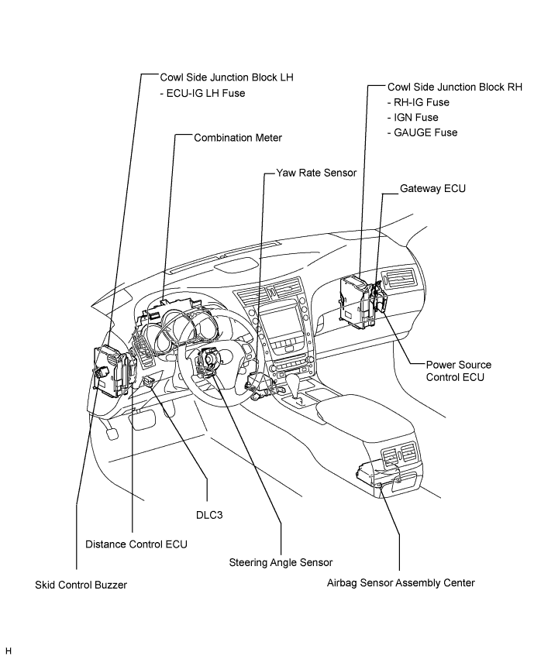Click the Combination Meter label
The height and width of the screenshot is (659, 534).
(x=238, y=138)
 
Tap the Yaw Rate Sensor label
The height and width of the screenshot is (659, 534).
(x=316, y=173)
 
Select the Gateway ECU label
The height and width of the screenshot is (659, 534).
(x=432, y=188)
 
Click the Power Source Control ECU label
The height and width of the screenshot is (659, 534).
(x=458, y=371)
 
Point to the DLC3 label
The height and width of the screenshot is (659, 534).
(x=209, y=515)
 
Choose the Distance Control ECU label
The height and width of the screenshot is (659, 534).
(x=136, y=544)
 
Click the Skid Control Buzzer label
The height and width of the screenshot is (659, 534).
(x=81, y=585)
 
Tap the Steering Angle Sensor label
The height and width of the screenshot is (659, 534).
(x=281, y=562)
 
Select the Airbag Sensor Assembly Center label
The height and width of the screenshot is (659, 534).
(x=401, y=583)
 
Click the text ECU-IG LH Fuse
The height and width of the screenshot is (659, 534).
(x=202, y=93)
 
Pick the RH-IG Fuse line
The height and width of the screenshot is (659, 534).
(x=419, y=102)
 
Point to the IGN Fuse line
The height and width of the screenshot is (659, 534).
(x=413, y=118)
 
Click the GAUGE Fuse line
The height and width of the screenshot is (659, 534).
(x=422, y=133)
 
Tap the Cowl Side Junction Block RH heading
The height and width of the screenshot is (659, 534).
(x=454, y=87)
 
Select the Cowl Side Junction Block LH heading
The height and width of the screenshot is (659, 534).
(x=226, y=77)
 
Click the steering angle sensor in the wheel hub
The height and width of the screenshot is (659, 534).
(x=209, y=359)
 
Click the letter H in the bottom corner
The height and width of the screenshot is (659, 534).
(x=9, y=651)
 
